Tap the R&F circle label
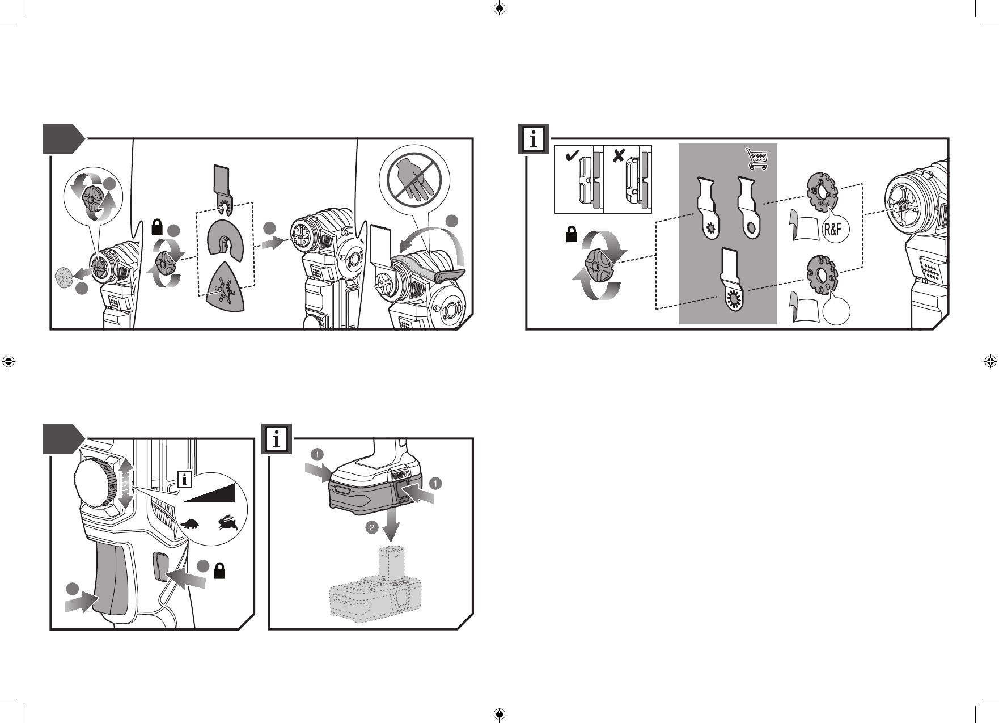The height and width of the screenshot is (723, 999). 835,231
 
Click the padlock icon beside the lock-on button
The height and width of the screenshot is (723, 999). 220,572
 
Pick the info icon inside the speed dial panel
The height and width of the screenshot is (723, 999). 184,479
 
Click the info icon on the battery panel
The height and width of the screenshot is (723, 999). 277,439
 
